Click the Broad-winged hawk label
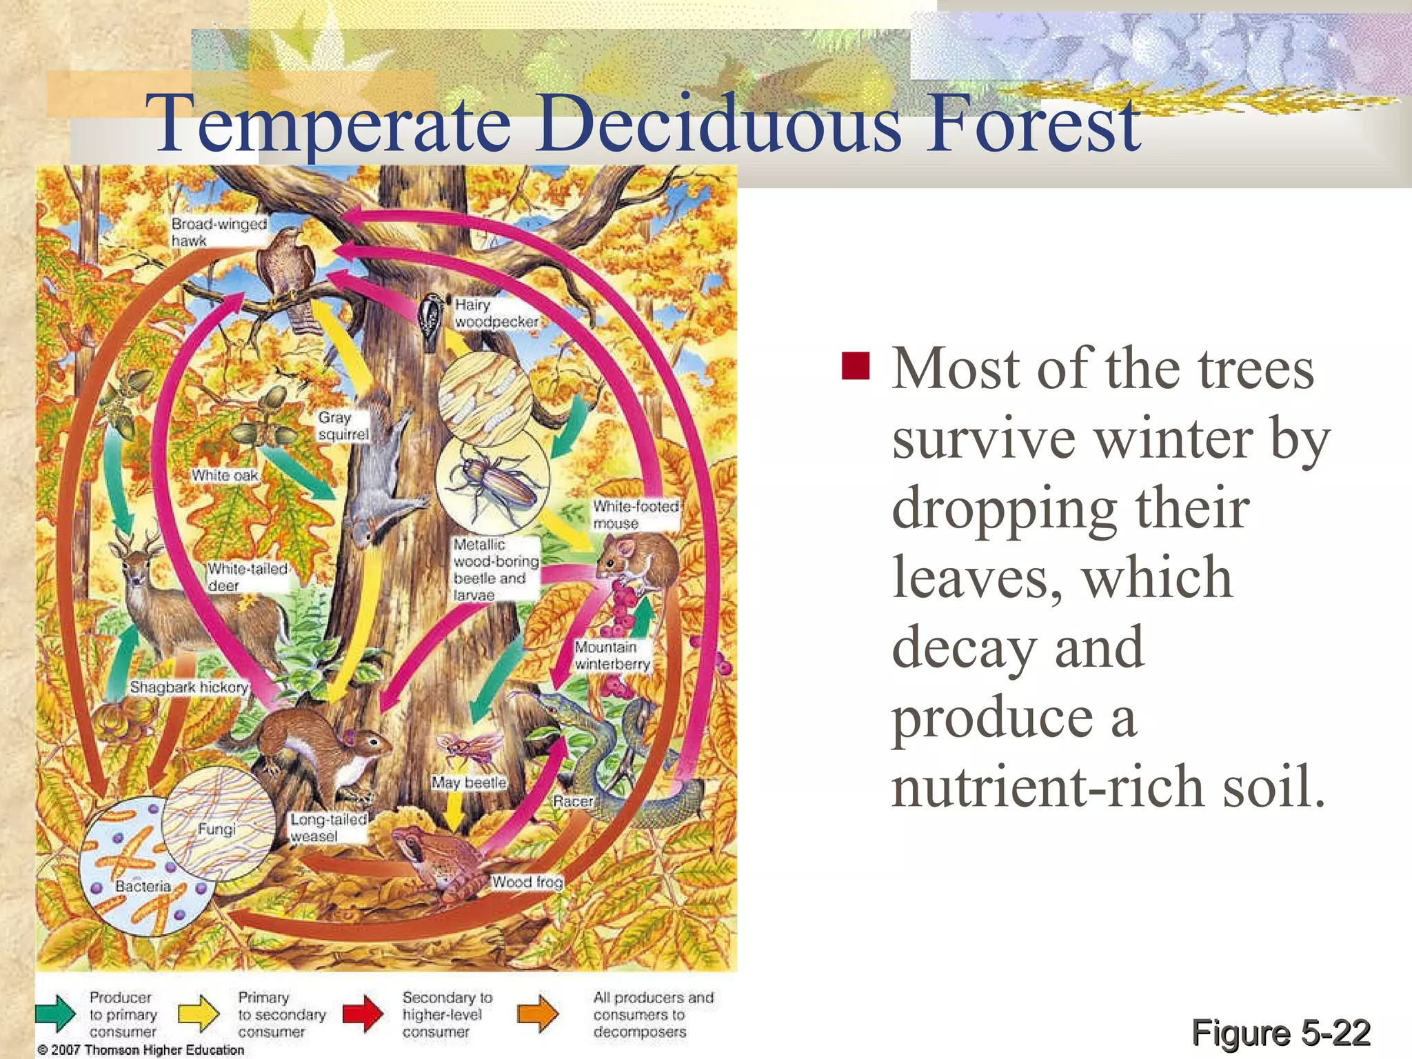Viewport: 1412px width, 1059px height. click(218, 232)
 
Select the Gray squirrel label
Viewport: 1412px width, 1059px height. click(343, 426)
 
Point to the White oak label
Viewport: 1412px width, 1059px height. click(225, 476)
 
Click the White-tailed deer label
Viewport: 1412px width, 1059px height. click(247, 577)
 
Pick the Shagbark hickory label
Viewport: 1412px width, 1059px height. click(188, 687)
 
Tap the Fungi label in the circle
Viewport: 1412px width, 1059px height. click(216, 829)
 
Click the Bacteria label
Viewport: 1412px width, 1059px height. click(143, 886)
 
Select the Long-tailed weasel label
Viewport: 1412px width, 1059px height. click(327, 828)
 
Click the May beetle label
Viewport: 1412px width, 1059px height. click(469, 783)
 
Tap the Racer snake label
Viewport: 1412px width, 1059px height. click(573, 801)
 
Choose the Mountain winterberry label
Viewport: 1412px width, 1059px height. click(612, 656)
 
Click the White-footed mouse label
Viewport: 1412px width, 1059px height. click(635, 515)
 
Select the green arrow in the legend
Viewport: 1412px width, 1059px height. click(57, 1013)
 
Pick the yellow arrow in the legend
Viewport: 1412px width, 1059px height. click(199, 1013)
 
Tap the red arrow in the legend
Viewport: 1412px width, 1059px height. click(363, 1013)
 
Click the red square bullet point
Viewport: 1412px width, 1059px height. click(856, 365)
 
